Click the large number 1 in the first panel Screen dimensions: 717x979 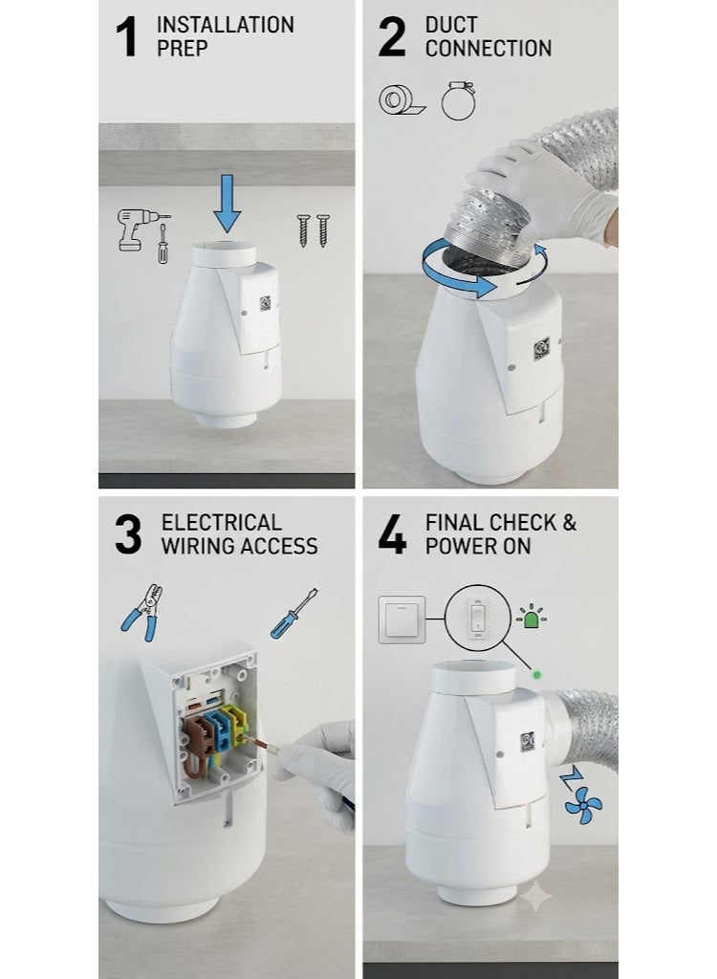(x=127, y=37)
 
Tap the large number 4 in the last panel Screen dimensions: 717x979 (x=392, y=534)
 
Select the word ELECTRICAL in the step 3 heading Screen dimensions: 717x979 (x=221, y=522)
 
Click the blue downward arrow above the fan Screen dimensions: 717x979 (x=227, y=203)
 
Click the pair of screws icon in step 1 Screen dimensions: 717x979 (x=314, y=230)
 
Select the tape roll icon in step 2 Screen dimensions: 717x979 (x=402, y=99)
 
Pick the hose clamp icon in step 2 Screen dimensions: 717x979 (x=459, y=99)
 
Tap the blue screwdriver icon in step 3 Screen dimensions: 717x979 (x=294, y=614)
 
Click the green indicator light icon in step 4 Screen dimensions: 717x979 (x=531, y=617)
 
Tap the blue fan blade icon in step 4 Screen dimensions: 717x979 (x=583, y=804)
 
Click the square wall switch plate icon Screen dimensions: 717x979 (x=402, y=620)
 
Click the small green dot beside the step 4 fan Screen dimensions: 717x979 (x=536, y=675)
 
